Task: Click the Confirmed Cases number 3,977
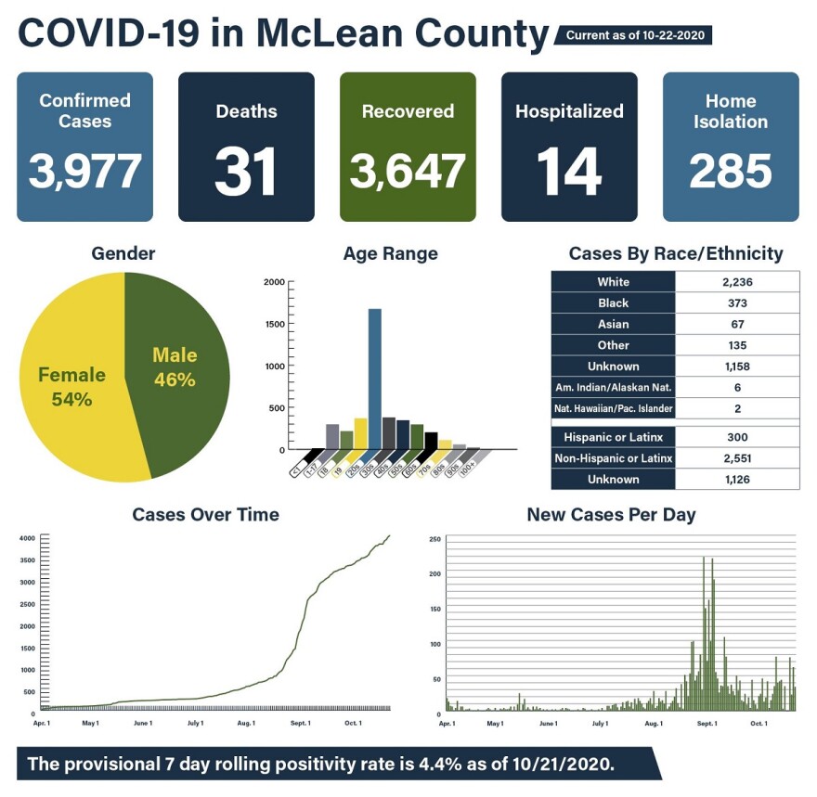point(84,171)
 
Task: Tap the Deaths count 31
point(246,172)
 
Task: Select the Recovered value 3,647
point(408,172)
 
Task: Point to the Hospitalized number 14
point(569,172)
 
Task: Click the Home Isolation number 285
point(731,172)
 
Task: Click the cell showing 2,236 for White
point(737,282)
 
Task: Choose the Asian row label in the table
point(613,324)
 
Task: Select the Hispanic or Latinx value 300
point(737,437)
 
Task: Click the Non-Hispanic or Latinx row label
point(613,458)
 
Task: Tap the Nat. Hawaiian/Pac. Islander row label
point(613,408)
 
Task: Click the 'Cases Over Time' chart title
point(205,514)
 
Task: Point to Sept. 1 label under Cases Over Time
point(300,722)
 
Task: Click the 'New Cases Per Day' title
point(611,514)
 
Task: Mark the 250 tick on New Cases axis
point(434,539)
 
